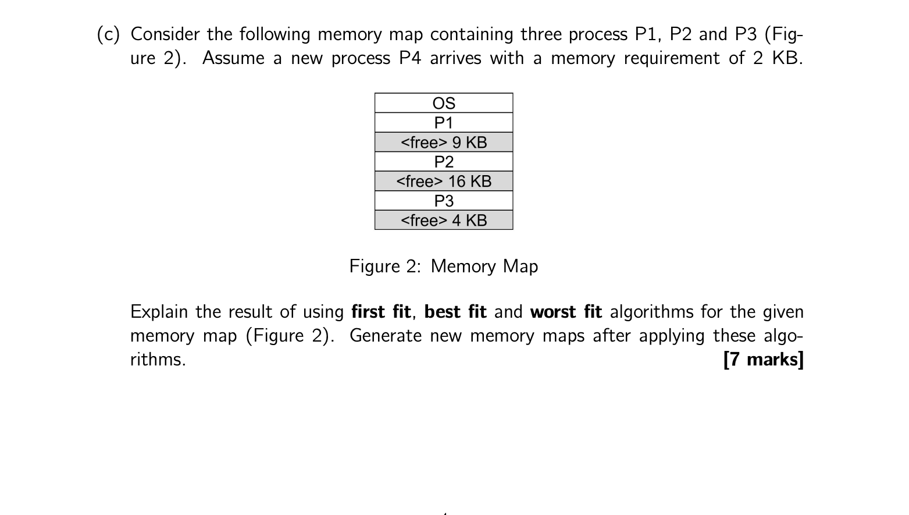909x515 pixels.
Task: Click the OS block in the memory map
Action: click(x=444, y=103)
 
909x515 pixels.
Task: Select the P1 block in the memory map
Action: click(x=444, y=123)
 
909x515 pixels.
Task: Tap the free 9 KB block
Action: click(x=444, y=143)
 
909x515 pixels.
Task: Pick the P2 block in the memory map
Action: click(x=444, y=162)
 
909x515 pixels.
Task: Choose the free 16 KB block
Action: click(x=444, y=182)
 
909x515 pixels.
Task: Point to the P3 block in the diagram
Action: click(x=444, y=201)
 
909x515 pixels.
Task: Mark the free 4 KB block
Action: click(x=444, y=221)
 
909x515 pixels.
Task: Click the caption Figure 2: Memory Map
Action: click(x=443, y=267)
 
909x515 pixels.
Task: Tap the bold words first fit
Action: click(x=381, y=312)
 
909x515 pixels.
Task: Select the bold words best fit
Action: click(x=455, y=312)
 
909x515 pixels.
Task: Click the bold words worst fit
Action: click(x=566, y=312)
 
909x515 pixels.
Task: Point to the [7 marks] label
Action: click(x=763, y=360)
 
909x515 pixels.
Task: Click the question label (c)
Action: click(x=108, y=35)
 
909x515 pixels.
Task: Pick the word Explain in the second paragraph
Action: click(x=159, y=312)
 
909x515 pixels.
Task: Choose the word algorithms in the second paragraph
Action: click(x=651, y=312)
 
